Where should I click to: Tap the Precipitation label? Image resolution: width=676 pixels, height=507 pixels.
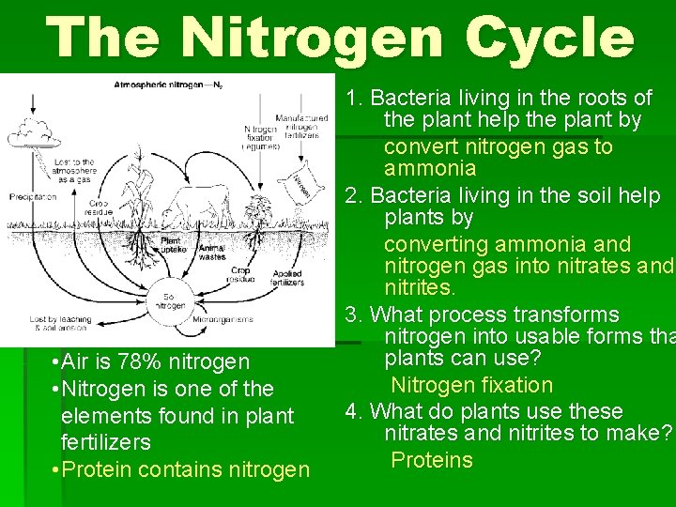33,197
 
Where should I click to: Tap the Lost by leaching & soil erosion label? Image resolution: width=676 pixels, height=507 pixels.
60,324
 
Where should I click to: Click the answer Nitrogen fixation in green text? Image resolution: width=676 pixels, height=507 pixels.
471,385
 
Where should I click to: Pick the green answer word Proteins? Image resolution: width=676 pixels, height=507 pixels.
432,460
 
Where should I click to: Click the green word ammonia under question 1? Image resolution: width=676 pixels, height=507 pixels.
430,169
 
